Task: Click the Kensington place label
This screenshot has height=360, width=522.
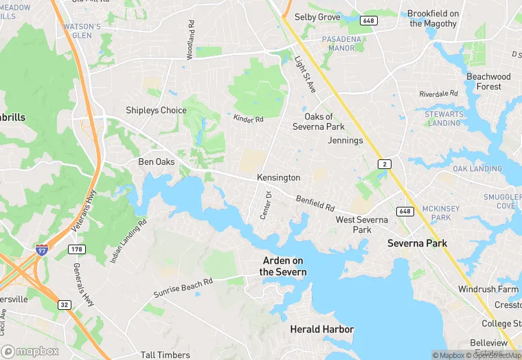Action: (278, 177)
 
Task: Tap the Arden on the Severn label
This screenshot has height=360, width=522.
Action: (283, 267)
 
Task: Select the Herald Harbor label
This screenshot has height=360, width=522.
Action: (321, 330)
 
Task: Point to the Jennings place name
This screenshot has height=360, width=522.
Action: (345, 140)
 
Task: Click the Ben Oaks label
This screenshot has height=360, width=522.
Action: (156, 162)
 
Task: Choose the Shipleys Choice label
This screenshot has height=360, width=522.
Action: (156, 110)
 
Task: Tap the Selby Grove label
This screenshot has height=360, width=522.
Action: (317, 16)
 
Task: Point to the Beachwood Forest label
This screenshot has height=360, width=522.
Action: (488, 82)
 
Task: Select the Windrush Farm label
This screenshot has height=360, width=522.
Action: (488, 289)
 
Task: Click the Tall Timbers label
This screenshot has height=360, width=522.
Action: (165, 355)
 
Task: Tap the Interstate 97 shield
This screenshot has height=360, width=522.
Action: (43, 249)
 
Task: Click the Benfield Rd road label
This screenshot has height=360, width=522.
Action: (315, 203)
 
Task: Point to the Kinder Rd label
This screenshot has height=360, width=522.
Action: (249, 120)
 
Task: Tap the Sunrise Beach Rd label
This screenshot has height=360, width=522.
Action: (183, 287)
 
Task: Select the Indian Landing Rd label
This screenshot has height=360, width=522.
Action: (128, 241)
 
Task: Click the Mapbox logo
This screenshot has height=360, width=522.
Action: (31, 350)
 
